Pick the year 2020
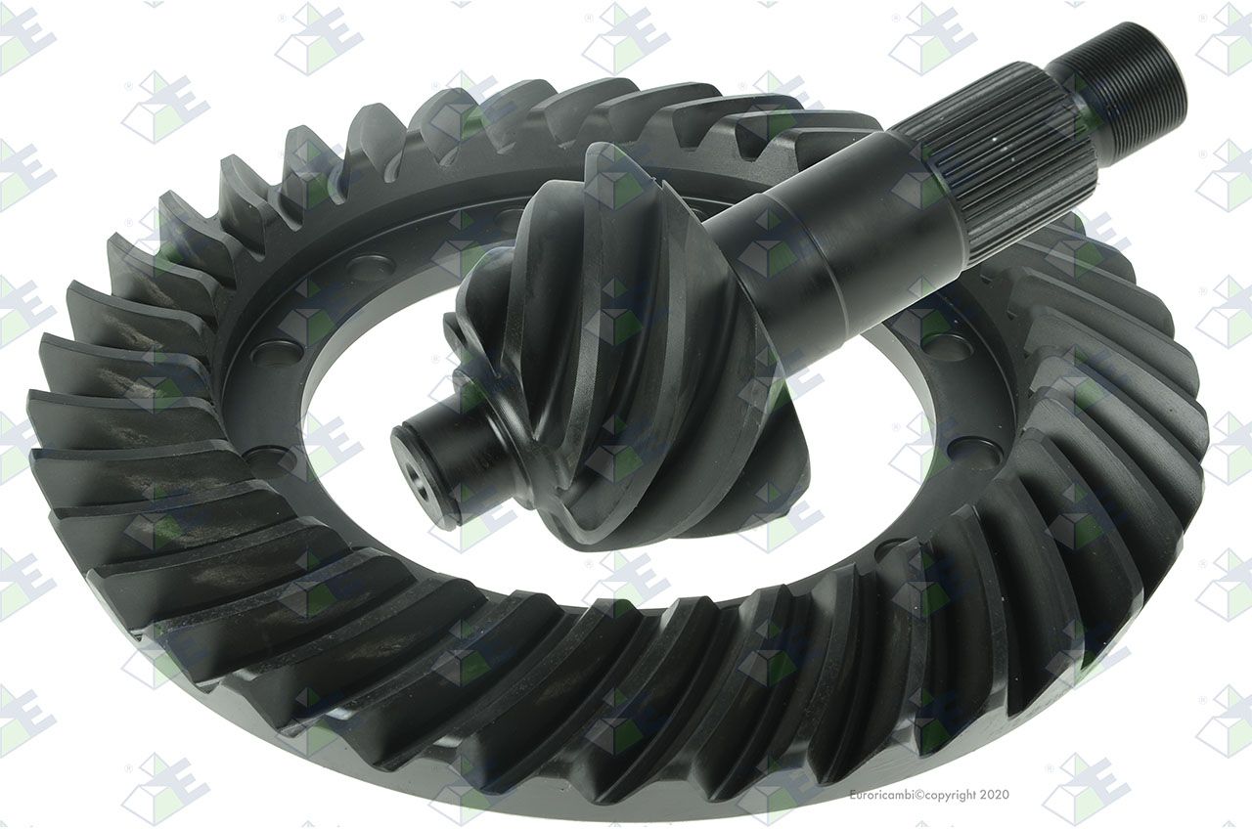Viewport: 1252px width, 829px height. coord(995,794)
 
